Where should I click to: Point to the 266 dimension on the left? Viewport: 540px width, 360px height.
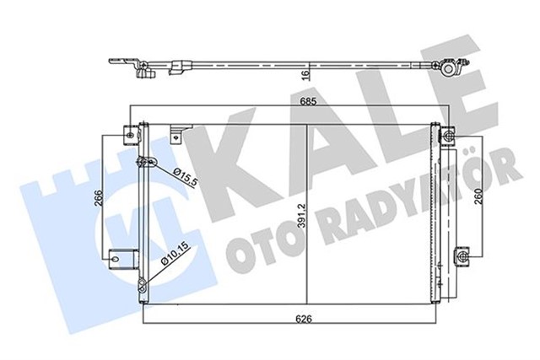99,200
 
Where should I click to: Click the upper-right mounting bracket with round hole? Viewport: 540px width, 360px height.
446,132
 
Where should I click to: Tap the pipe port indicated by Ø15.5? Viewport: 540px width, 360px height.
149,162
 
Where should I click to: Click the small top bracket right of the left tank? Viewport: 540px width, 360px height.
176,132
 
